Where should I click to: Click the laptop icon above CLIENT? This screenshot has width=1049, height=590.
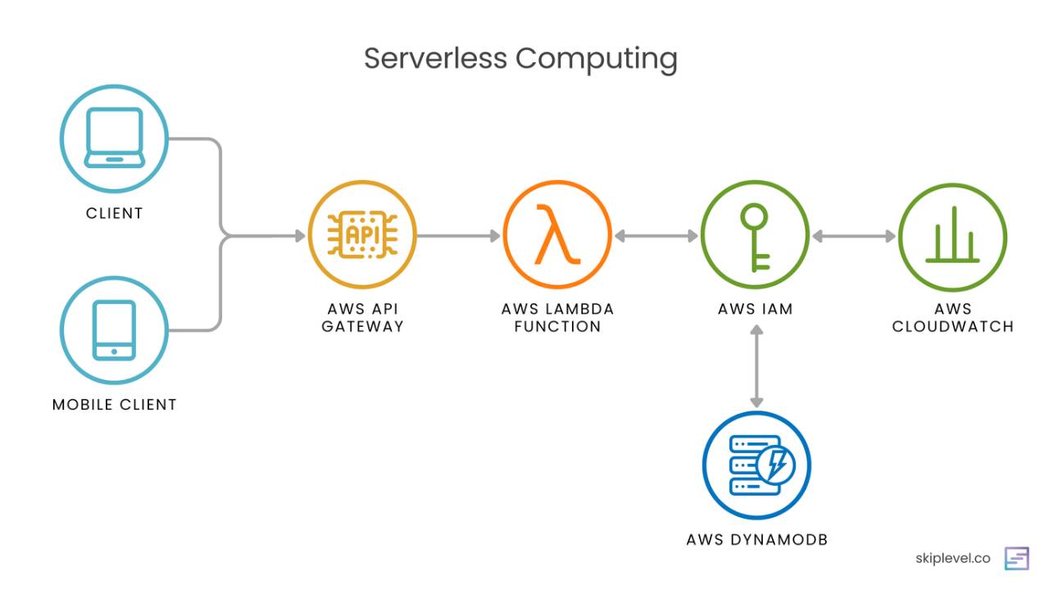pyautogui.click(x=115, y=138)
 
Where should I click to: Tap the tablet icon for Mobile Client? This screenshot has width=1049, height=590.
pyautogui.click(x=114, y=329)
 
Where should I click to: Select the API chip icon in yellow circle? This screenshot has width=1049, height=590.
pyautogui.click(x=361, y=235)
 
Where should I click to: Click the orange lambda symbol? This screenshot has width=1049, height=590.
pyautogui.click(x=557, y=235)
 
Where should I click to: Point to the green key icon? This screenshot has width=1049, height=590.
pyautogui.click(x=754, y=236)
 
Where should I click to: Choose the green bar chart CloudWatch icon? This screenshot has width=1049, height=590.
pyautogui.click(x=952, y=236)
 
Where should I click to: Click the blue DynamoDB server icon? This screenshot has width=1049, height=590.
pyautogui.click(x=756, y=465)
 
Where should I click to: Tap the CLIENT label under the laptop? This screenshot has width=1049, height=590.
pyautogui.click(x=115, y=213)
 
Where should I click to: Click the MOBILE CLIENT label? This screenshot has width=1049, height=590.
pyautogui.click(x=115, y=405)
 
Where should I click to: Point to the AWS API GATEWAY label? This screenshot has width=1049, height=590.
pyautogui.click(x=362, y=318)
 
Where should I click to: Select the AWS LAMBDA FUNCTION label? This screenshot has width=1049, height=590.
pyautogui.click(x=557, y=318)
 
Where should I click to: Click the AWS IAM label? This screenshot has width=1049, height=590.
pyautogui.click(x=756, y=310)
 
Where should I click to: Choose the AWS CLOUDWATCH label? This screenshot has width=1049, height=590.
pyautogui.click(x=952, y=318)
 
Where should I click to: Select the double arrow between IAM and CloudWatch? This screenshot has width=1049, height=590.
pyautogui.click(x=854, y=236)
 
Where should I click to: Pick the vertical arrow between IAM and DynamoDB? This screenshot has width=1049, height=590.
pyautogui.click(x=756, y=366)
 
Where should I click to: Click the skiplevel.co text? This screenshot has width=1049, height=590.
pyautogui.click(x=952, y=559)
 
